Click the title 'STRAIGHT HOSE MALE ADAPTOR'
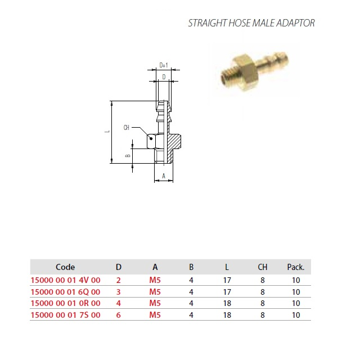click(251, 23)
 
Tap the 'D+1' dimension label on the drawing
click(164, 65)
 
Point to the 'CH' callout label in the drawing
click(126, 128)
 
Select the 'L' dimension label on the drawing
click(107, 132)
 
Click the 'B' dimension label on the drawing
click(128, 156)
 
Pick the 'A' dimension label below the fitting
click(164, 176)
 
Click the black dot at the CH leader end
click(151, 138)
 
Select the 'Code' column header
click(65, 267)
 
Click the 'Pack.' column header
click(296, 267)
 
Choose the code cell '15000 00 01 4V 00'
click(66, 280)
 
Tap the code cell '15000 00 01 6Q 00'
click(66, 292)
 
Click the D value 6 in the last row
click(119, 315)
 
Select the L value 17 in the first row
click(227, 280)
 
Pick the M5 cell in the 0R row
click(155, 303)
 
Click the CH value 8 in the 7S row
click(263, 315)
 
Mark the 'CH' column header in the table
click(263, 267)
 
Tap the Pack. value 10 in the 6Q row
click(296, 292)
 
